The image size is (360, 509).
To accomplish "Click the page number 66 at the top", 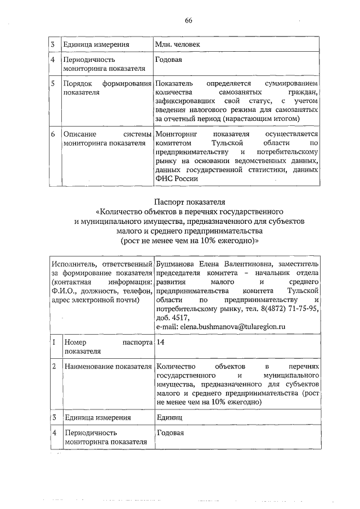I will pyautogui.click(x=188, y=21).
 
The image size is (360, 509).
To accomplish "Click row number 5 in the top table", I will pyautogui.click(x=52, y=83).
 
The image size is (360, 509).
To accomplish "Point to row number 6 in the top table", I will pyautogui.click(x=52, y=134).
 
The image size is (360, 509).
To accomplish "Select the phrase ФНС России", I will pyautogui.click(x=176, y=178).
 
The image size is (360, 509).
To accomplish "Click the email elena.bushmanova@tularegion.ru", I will pyautogui.click(x=222, y=327).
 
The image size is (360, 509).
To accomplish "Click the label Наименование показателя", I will pyautogui.click(x=108, y=367).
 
